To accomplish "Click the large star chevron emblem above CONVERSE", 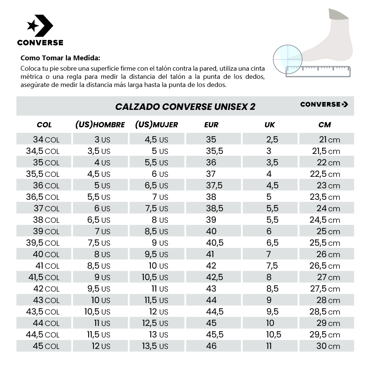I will click(x=40, y=26).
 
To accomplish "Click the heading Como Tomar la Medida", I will click(x=60, y=58).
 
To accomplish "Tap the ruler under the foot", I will click(x=318, y=71).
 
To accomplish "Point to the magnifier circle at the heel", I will click(x=288, y=58).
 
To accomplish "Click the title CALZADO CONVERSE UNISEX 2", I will click(x=185, y=107).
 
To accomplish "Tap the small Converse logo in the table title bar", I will click(x=324, y=104).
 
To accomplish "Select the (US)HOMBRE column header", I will click(x=100, y=125).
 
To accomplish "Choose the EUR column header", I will click(x=211, y=125).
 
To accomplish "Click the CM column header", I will click(x=324, y=125).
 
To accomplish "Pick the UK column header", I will click(x=269, y=125).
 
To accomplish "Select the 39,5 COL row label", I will click(x=43, y=243).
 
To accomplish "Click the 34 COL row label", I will click(x=46, y=139).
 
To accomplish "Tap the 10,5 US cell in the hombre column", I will click(x=97, y=312).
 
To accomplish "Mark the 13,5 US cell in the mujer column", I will click(x=155, y=346).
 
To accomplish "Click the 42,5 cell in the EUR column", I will click(x=215, y=277).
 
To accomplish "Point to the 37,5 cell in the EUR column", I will click(x=214, y=185).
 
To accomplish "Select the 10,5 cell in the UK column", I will click(x=274, y=334).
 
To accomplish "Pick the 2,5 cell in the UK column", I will click(x=272, y=139).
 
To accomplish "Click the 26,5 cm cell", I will click(x=325, y=266).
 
